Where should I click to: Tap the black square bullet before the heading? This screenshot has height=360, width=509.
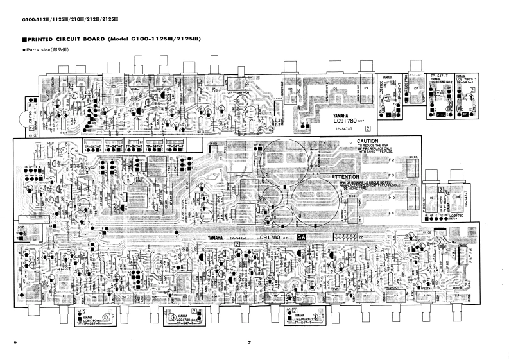tap(24, 40)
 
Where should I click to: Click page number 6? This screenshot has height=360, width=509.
tap(15, 342)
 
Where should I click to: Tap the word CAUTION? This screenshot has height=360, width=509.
tap(370, 141)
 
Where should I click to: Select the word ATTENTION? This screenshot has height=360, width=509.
tap(349, 176)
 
